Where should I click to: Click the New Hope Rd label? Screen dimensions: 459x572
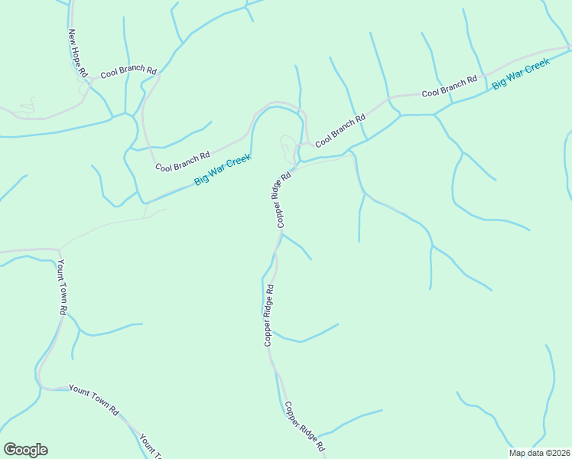pyautogui.click(x=78, y=54)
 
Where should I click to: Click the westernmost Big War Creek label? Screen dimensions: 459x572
pyautogui.click(x=223, y=169)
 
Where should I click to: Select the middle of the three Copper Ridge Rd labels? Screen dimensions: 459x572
pyautogui.click(x=269, y=315)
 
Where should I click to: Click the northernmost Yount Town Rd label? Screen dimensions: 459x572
pyautogui.click(x=60, y=287)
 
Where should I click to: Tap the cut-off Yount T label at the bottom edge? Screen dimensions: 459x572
pyautogui.click(x=150, y=447)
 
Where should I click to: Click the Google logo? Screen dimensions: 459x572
pyautogui.click(x=25, y=450)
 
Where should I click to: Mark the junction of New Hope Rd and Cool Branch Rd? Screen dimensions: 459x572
pyautogui.click(x=89, y=80)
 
